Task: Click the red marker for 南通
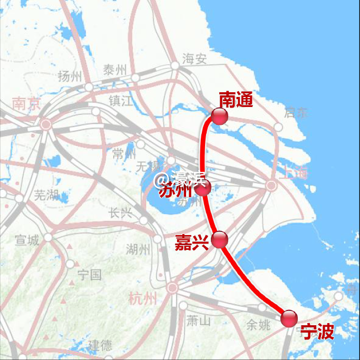(219, 116)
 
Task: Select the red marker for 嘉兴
(219, 240)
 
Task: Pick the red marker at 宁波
(289, 318)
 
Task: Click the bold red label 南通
(236, 99)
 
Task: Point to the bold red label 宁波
(317, 332)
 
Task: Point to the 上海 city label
(293, 172)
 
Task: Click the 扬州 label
(70, 76)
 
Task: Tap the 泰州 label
(115, 70)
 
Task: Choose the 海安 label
(194, 59)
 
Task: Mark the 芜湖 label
(46, 196)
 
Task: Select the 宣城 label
(27, 240)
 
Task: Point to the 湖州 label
(139, 249)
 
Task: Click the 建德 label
(100, 345)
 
